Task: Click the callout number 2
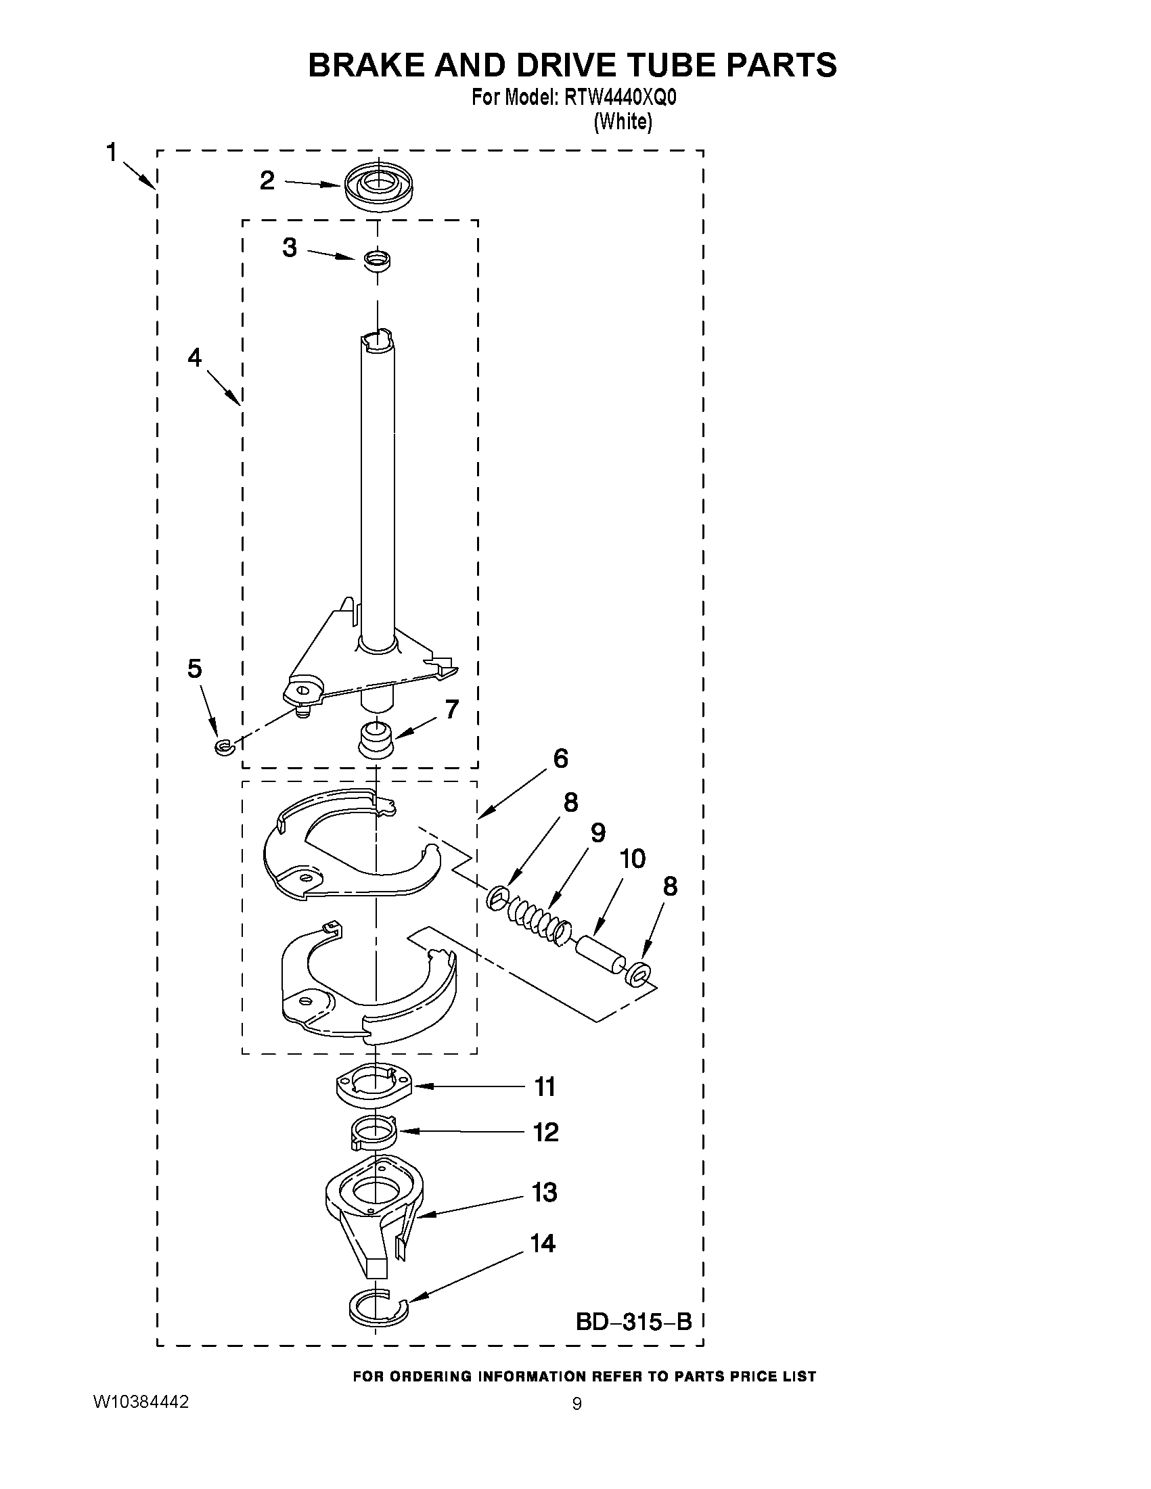click(267, 181)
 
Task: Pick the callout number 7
click(451, 710)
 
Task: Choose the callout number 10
click(632, 859)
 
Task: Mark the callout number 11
click(545, 1086)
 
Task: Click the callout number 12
click(545, 1132)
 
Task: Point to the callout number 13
click(545, 1193)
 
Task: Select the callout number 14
click(543, 1243)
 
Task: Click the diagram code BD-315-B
click(633, 1322)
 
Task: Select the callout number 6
click(560, 758)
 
